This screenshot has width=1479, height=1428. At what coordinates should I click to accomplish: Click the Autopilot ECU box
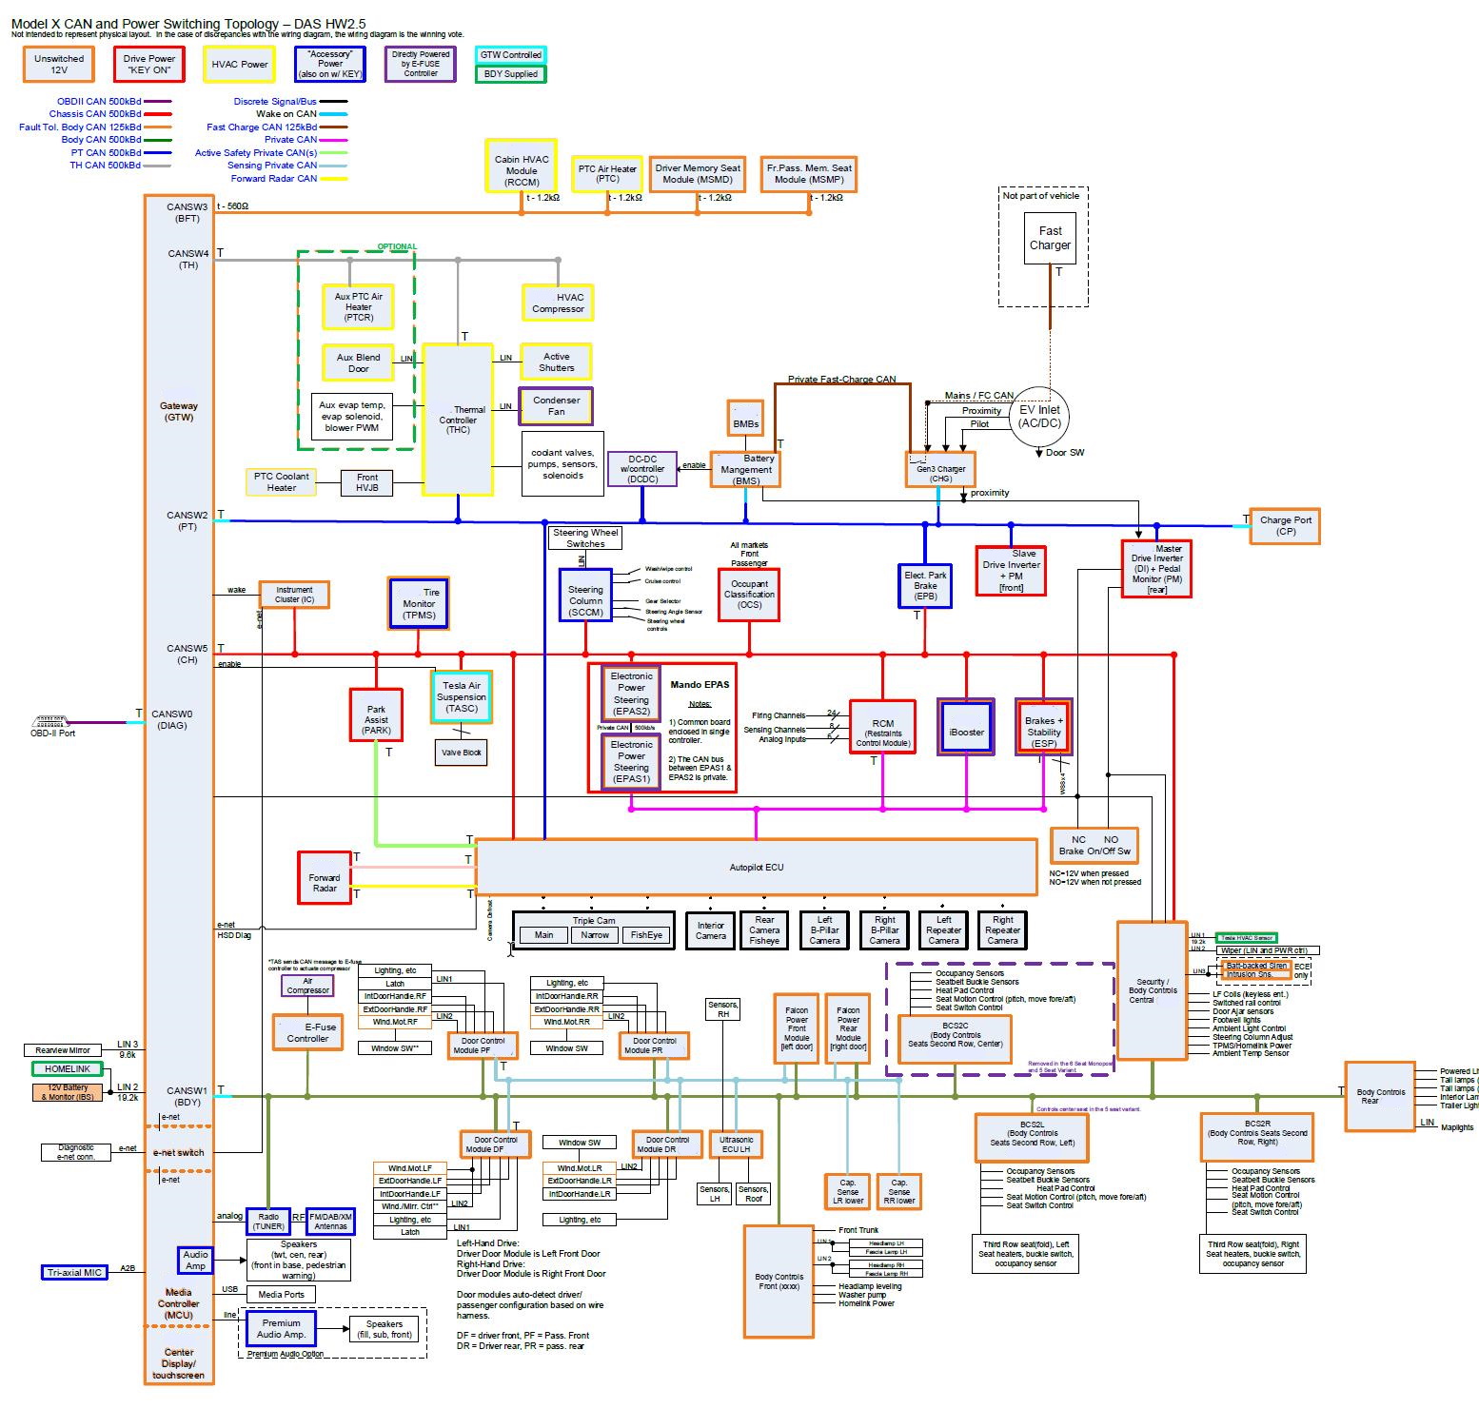[x=756, y=867]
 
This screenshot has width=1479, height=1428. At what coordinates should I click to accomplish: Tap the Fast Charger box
[x=1050, y=238]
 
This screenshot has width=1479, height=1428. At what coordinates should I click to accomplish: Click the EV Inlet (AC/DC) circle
[x=1039, y=416]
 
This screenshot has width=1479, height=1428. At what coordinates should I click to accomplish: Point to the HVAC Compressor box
[x=558, y=303]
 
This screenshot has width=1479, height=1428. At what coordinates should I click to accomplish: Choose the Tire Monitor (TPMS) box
[x=419, y=603]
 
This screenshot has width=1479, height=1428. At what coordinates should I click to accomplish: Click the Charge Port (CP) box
[x=1285, y=525]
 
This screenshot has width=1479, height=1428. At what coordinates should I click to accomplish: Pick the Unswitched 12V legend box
[x=59, y=64]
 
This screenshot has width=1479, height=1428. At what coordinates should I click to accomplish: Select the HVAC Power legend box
[x=240, y=64]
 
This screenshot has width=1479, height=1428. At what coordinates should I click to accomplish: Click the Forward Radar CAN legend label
[x=274, y=178]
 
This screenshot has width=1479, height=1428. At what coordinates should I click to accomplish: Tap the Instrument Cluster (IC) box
[x=294, y=595]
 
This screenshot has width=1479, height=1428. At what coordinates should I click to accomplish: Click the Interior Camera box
[x=710, y=930]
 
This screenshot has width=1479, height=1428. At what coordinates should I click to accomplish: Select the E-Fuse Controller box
[x=307, y=1032]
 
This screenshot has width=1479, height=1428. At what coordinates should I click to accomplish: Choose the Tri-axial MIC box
[x=74, y=1272]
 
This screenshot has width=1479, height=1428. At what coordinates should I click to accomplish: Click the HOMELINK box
[x=67, y=1068]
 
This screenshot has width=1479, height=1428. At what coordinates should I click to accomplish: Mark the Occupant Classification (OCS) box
[x=749, y=595]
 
